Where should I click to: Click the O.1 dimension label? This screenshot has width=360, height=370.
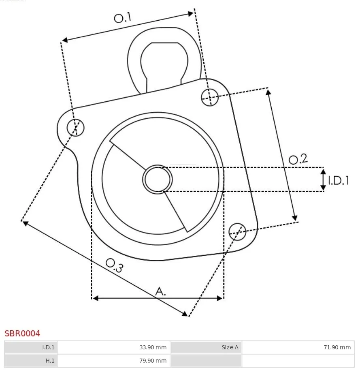click(123, 18)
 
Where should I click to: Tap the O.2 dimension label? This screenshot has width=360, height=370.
click(298, 159)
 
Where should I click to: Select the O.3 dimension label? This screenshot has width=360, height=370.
click(115, 265)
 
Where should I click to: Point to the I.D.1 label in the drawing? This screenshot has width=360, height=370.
click(339, 180)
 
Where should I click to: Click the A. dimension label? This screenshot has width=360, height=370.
click(160, 291)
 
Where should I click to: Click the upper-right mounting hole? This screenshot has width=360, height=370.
click(210, 97)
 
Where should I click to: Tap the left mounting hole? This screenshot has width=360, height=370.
click(75, 127)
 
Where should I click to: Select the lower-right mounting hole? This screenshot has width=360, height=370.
click(237, 232)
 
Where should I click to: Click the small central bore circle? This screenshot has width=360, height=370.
click(158, 180)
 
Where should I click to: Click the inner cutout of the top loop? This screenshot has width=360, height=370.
click(164, 64)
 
